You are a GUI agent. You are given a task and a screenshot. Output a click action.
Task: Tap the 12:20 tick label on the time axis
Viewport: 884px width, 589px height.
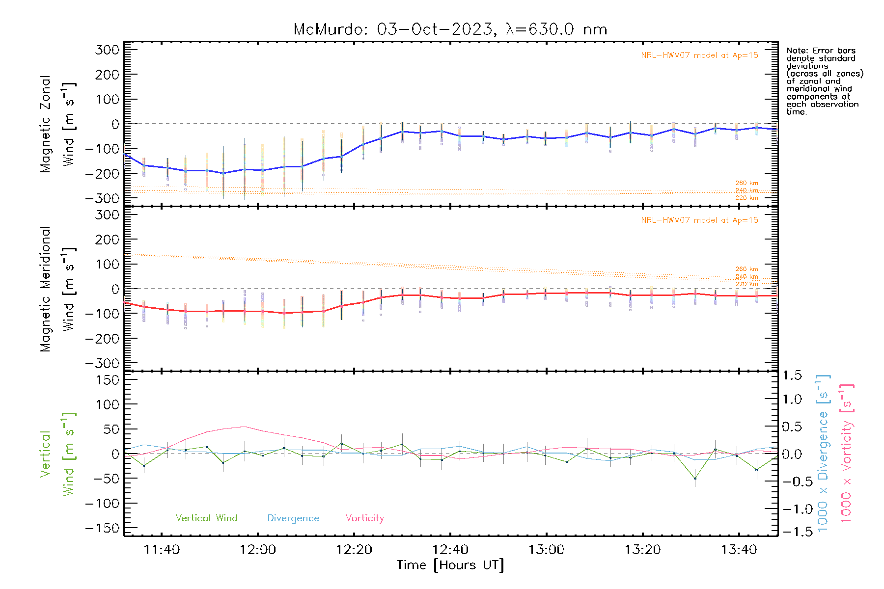coord(354,550)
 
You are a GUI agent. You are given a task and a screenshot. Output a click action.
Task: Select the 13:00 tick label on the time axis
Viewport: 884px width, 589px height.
coord(546,550)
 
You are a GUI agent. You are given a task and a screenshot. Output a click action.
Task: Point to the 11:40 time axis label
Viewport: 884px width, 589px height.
coord(162,550)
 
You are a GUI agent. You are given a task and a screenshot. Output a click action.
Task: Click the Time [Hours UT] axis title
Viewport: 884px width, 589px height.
coord(450,565)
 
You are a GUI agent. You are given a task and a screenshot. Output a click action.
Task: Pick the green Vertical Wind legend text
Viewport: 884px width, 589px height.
coord(206,518)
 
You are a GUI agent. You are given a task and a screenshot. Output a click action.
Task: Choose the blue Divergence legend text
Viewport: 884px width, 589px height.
coord(293,518)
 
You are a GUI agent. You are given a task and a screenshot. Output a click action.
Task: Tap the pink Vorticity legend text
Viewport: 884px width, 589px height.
coord(364,518)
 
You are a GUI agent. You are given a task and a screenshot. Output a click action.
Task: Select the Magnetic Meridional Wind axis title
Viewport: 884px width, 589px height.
coord(57,289)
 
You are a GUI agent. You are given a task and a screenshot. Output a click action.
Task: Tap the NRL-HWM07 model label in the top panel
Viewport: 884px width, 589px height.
coord(699,55)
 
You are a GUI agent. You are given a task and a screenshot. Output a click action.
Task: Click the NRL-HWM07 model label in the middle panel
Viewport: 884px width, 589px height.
coord(699,220)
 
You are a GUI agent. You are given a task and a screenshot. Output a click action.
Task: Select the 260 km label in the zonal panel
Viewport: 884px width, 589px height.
coord(746,183)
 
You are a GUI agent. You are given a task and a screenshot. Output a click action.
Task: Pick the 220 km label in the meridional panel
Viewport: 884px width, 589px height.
coord(746,284)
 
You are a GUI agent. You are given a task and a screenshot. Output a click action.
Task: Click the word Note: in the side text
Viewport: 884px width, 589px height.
coord(798,51)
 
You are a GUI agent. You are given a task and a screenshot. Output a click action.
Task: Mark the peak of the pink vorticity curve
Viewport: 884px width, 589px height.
coord(244,427)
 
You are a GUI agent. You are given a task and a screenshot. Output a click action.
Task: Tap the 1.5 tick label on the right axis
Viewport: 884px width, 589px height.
coord(792,375)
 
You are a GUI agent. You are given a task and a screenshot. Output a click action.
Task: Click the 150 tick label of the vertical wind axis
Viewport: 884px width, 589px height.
coord(108,380)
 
